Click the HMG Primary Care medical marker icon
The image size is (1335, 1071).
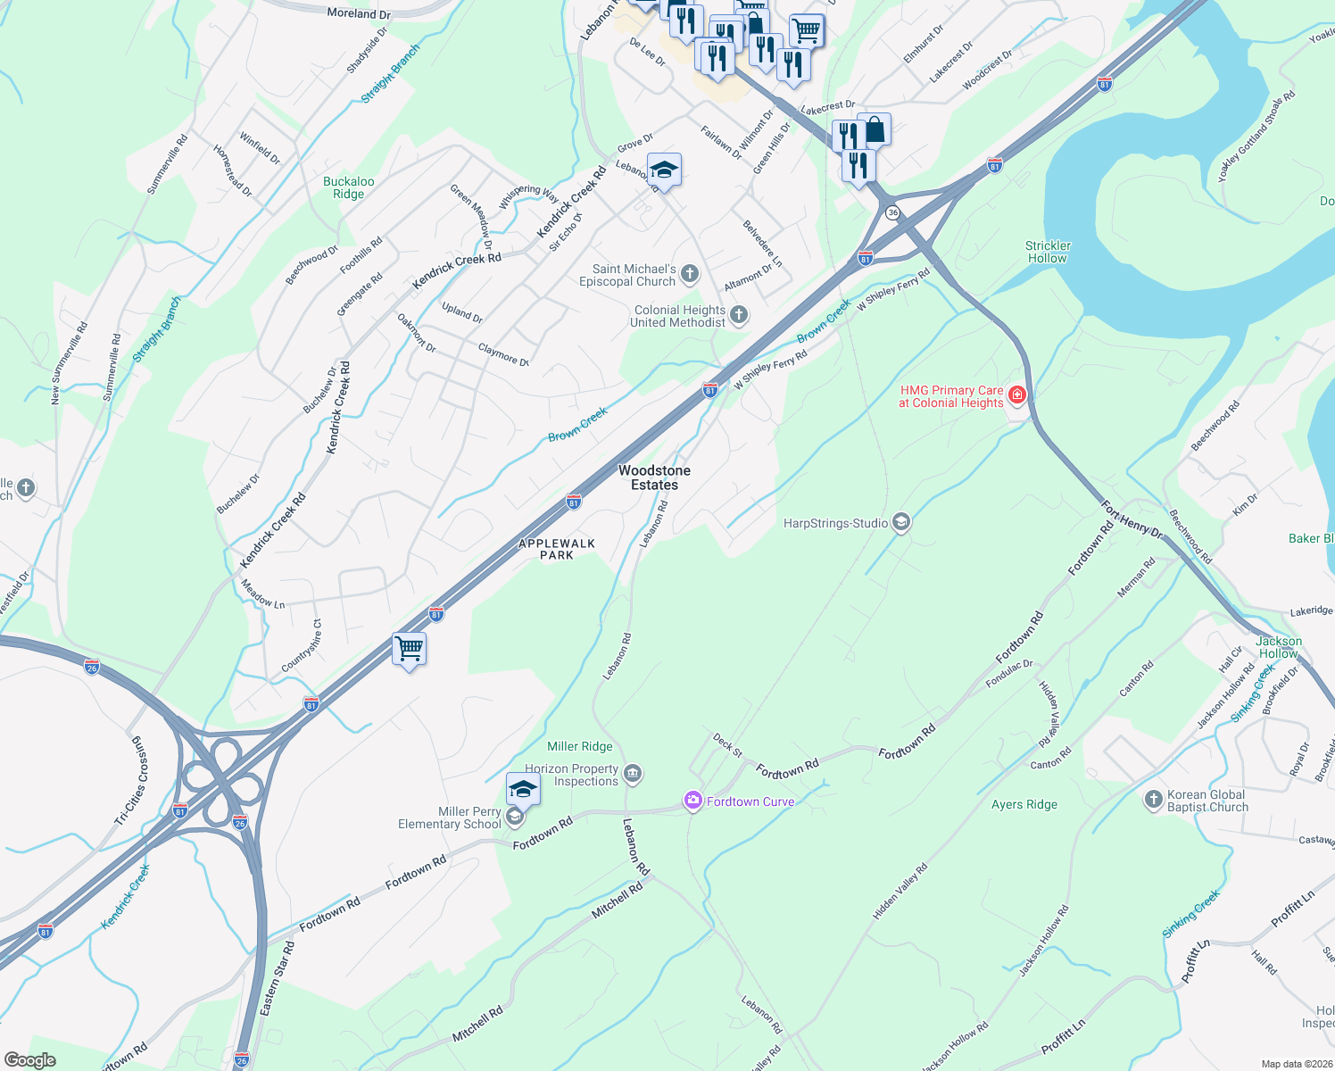click(1016, 394)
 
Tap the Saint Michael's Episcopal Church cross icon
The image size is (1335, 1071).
click(690, 274)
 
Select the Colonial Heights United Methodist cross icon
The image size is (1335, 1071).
click(738, 314)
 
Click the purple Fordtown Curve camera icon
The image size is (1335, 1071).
click(692, 801)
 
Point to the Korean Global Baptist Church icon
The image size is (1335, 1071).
click(1153, 799)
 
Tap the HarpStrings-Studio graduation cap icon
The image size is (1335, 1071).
click(900, 522)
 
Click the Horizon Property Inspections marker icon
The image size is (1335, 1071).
click(633, 773)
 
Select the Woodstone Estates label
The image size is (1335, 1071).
click(654, 477)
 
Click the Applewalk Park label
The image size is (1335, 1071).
click(557, 549)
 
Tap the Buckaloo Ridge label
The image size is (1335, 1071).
click(348, 187)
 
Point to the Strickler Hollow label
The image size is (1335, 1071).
click(1048, 252)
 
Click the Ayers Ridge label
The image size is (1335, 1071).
click(1024, 804)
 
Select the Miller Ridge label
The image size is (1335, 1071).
click(580, 746)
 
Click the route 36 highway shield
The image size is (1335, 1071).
click(892, 212)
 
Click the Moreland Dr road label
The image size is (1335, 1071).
click(359, 13)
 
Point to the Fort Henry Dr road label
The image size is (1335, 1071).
click(1132, 520)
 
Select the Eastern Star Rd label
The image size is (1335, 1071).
click(277, 977)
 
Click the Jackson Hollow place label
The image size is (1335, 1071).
click(1279, 647)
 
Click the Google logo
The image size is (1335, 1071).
click(29, 1060)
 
